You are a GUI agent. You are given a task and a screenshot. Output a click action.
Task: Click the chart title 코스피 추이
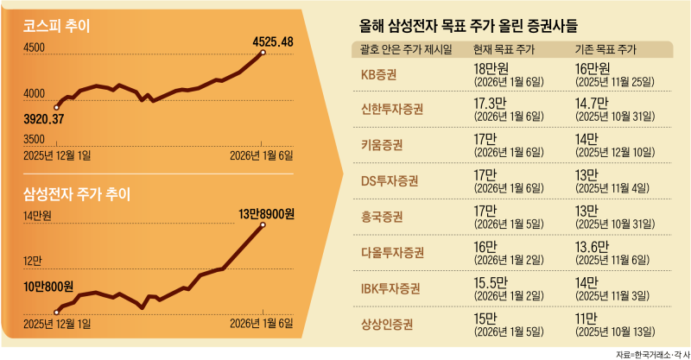tap(61, 27)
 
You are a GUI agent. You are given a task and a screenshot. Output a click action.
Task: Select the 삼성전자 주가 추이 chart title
tap(78, 194)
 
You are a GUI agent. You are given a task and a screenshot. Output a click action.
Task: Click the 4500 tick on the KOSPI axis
tap(34, 50)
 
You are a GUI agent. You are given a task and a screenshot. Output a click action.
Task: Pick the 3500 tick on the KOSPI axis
tap(34, 139)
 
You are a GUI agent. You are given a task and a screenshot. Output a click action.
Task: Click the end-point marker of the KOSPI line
tap(263, 54)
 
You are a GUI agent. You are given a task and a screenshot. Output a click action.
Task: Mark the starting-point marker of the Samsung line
tap(56, 312)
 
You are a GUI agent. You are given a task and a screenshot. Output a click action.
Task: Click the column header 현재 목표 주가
tap(509, 47)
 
